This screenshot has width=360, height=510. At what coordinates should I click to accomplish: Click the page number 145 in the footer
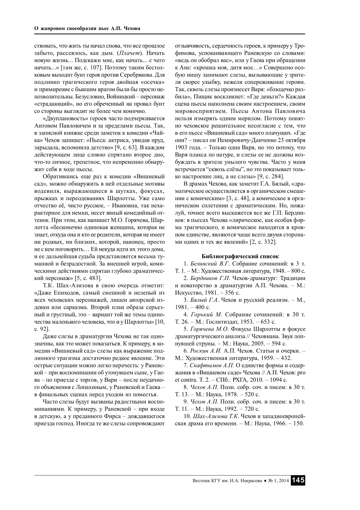pos(298,480)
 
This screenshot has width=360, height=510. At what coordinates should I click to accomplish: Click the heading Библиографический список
pos(240,256)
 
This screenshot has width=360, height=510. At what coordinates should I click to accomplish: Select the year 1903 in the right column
pos(182,148)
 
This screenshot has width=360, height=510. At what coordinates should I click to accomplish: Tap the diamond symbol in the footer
pos(265,481)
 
